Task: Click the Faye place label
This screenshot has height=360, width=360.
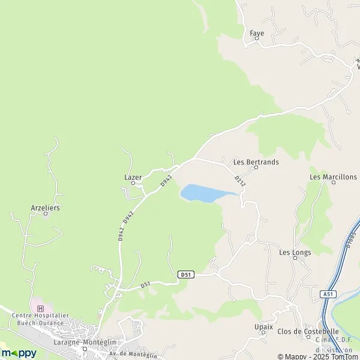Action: [x=257, y=34]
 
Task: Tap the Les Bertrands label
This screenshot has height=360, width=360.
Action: [x=256, y=161]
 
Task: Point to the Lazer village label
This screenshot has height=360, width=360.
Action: [x=133, y=178]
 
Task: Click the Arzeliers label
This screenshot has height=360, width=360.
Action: [x=46, y=208]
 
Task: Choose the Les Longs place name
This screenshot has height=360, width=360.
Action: [x=295, y=253]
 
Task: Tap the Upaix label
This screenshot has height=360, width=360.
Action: [x=263, y=327]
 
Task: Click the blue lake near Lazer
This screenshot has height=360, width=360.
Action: [x=202, y=193]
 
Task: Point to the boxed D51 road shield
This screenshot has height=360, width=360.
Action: [x=186, y=274]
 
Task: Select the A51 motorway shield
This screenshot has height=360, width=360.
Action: [x=328, y=294]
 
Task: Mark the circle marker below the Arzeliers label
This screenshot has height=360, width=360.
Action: [x=46, y=214]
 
